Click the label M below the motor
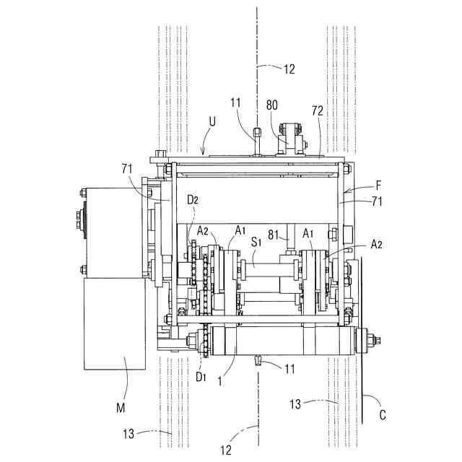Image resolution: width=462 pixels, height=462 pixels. coord(121,408)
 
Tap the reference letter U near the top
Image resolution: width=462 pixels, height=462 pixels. coord(212,121)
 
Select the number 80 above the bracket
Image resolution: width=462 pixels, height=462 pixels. coord(272,105)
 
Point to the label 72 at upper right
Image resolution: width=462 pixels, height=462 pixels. coord(318,110)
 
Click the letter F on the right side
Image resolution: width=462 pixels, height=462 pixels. coord(378,186)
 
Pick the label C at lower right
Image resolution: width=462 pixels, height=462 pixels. coord(383,415)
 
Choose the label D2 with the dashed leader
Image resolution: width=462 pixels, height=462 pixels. coord(193,200)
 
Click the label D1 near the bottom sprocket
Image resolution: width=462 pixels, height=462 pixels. coord(201,377)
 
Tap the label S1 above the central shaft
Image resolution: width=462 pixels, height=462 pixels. coord(256,243)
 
